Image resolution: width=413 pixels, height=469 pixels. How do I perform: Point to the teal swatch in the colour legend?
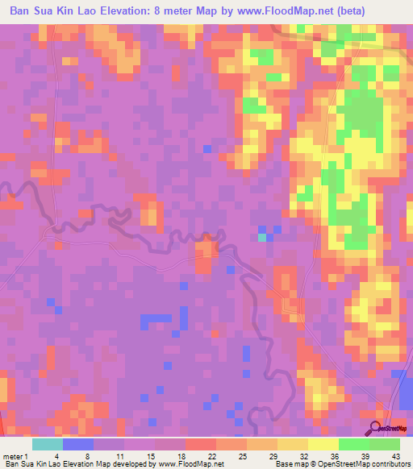(48, 444)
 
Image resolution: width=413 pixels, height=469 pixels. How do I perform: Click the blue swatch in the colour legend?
(78, 444)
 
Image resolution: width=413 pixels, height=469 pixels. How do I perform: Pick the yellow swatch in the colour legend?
(323, 444)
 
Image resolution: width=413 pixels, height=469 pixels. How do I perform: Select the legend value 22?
(211, 455)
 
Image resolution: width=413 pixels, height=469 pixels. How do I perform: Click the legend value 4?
(57, 455)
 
